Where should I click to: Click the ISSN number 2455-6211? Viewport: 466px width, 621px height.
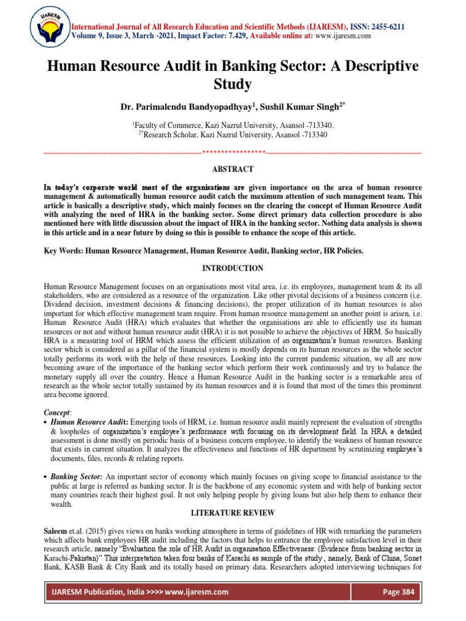[385, 27]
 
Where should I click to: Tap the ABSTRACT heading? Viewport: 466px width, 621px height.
[232, 169]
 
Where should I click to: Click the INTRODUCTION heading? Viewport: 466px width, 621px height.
[232, 268]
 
